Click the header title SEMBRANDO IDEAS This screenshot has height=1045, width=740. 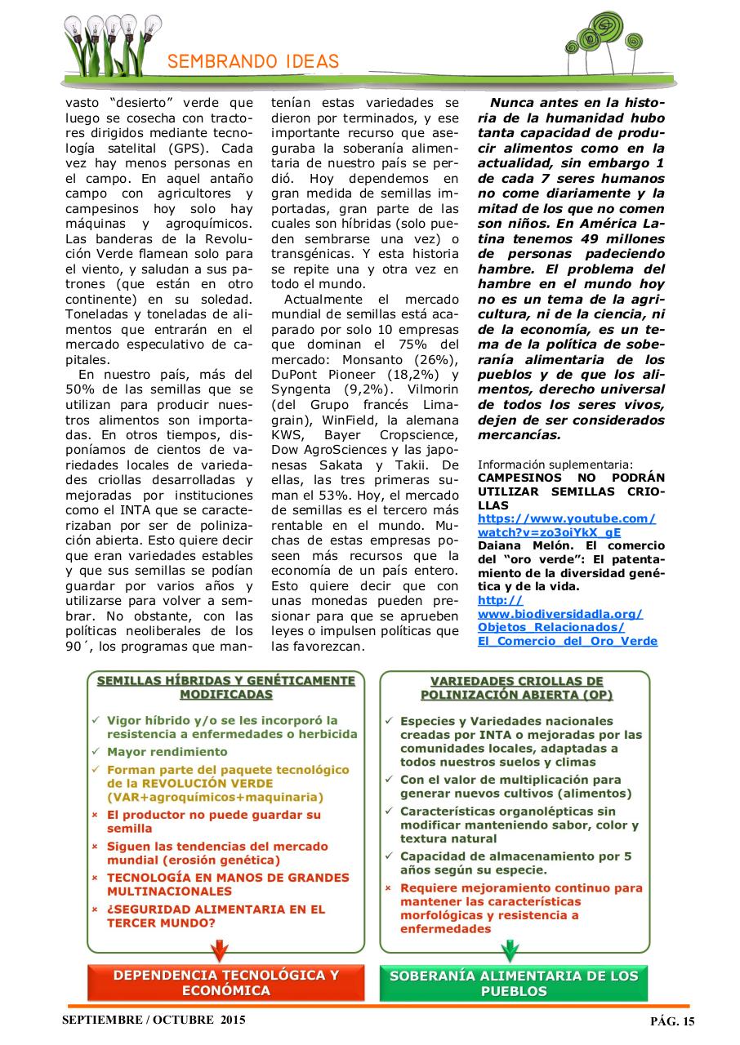point(253,62)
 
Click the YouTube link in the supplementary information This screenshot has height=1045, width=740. point(566,525)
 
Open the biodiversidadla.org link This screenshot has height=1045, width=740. point(567,620)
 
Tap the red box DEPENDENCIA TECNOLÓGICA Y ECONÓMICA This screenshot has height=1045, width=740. point(226,982)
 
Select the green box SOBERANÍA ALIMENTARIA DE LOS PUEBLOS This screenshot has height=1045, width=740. point(514,983)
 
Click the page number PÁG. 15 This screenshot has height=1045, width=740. point(672,1021)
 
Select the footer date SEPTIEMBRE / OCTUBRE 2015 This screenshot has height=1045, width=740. point(153,1021)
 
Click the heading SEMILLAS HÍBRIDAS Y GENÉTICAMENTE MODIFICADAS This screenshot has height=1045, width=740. point(226,687)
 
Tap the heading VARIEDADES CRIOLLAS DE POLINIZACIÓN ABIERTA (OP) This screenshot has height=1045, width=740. point(516,687)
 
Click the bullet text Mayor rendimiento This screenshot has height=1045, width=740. point(167,752)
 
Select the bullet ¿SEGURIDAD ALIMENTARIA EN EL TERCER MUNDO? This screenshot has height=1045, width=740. point(216,915)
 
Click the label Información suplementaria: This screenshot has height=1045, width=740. point(555,464)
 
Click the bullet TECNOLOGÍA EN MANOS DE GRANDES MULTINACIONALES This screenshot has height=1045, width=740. point(228,884)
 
